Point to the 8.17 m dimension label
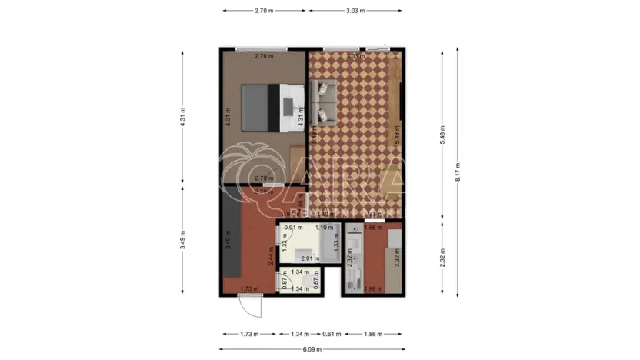457,172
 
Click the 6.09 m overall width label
312,349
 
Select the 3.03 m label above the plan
355,11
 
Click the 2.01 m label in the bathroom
309,258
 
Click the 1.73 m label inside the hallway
248,288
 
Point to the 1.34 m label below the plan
300,335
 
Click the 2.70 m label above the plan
265,11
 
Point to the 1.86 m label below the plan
373,335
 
